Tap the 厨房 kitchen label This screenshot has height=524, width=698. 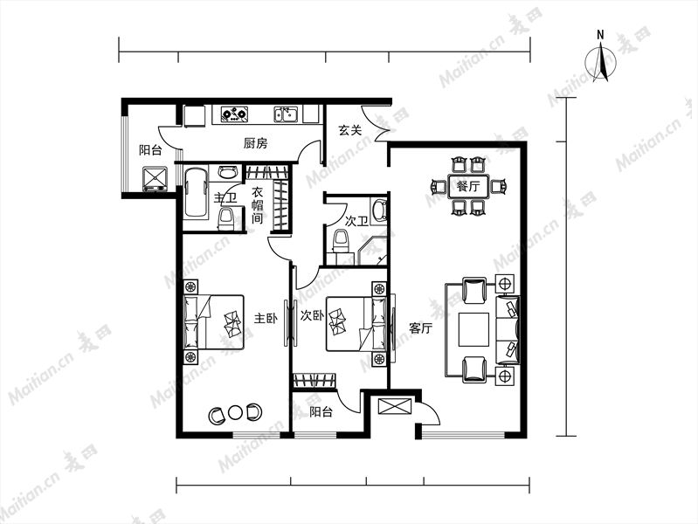[x=255, y=143]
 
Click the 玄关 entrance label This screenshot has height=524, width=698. [x=349, y=130]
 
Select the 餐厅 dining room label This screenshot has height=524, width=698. [x=468, y=186]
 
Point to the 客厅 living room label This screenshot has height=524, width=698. [x=421, y=328]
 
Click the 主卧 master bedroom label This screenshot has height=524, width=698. [x=266, y=318]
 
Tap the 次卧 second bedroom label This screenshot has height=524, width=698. [x=312, y=315]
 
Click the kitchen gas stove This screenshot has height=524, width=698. [x=235, y=114]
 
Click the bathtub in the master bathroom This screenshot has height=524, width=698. [x=196, y=192]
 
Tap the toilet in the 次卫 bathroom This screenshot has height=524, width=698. [x=342, y=241]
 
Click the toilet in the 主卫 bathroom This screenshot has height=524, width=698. [x=227, y=218]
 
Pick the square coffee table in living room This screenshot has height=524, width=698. [x=474, y=329]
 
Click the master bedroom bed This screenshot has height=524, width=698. [x=214, y=321]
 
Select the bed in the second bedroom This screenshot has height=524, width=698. [x=356, y=324]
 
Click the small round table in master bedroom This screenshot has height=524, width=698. [x=235, y=414]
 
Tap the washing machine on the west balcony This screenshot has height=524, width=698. [x=155, y=179]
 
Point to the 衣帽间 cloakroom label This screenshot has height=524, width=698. [x=258, y=206]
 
